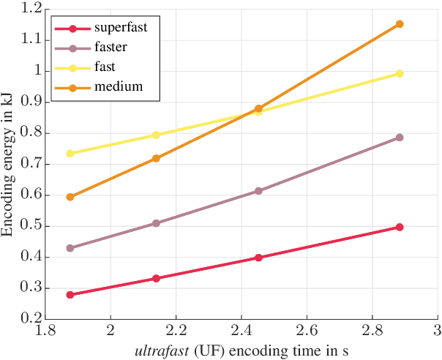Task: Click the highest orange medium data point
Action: pyautogui.click(x=400, y=24)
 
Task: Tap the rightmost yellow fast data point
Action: pyautogui.click(x=400, y=73)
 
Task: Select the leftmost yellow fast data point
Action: pyautogui.click(x=70, y=154)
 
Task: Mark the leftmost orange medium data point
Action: pyautogui.click(x=70, y=197)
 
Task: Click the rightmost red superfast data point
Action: pyautogui.click(x=400, y=227)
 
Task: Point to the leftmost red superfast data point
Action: pyautogui.click(x=70, y=295)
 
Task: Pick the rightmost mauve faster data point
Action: pyautogui.click(x=400, y=138)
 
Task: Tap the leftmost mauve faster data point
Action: pyautogui.click(x=70, y=248)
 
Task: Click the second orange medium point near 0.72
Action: pyautogui.click(x=156, y=158)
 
